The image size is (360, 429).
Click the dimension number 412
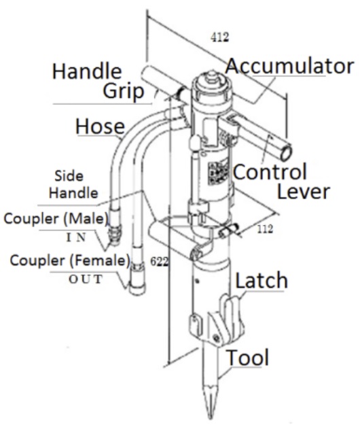click(219, 37)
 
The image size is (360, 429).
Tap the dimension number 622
click(160, 262)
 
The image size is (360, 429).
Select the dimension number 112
click(265, 229)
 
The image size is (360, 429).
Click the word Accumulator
click(290, 66)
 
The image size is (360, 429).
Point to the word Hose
click(100, 126)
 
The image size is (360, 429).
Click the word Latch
click(262, 280)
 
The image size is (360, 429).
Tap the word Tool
click(248, 358)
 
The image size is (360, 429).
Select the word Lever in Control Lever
click(304, 192)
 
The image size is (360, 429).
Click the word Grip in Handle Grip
click(123, 92)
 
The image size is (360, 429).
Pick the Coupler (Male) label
click(56, 219)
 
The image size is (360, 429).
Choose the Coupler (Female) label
click(70, 260)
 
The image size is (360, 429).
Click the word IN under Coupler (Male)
click(77, 237)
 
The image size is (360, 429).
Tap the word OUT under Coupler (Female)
click(86, 279)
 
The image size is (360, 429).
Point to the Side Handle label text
click(73, 184)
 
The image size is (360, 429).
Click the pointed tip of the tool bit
click(210, 417)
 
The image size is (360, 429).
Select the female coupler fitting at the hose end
click(137, 278)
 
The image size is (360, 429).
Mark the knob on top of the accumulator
click(211, 75)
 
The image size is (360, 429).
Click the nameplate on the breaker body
click(219, 173)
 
